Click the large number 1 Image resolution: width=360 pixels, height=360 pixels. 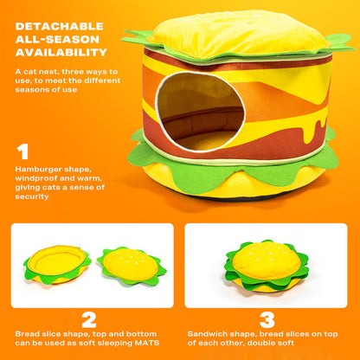pyautogui.click(x=22, y=152)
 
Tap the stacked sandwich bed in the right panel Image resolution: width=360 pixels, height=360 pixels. pyautogui.click(x=267, y=265)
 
